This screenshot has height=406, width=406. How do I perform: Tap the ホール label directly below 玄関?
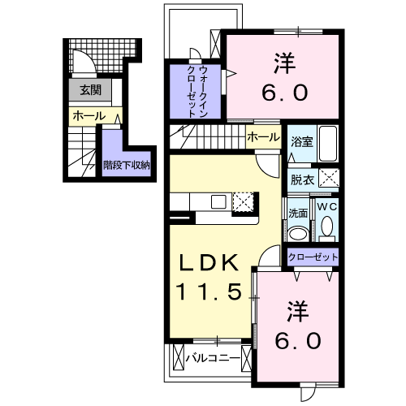(x=89, y=117)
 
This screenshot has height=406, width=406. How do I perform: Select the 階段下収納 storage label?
(x=126, y=165)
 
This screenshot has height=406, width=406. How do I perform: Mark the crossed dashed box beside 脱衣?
(x=328, y=179)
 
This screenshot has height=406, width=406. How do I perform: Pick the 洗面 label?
(x=297, y=214)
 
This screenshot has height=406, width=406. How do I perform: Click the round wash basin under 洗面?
(x=298, y=233)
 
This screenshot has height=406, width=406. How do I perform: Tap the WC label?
(x=326, y=208)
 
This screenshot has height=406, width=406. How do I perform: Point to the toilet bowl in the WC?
(x=327, y=231)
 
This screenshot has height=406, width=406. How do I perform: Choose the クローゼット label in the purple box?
(x=313, y=257)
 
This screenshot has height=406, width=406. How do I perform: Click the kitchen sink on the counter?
(x=218, y=201)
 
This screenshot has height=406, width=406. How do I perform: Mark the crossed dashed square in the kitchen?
(x=243, y=202)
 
